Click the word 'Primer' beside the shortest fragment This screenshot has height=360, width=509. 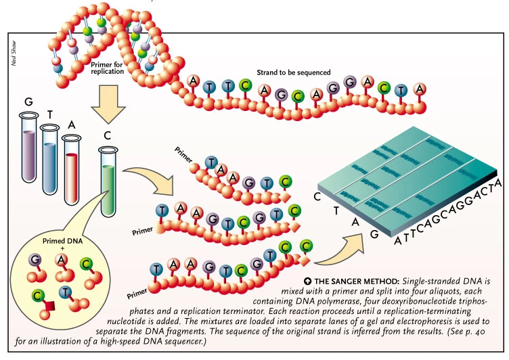184,152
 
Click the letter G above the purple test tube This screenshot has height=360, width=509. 28,102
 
